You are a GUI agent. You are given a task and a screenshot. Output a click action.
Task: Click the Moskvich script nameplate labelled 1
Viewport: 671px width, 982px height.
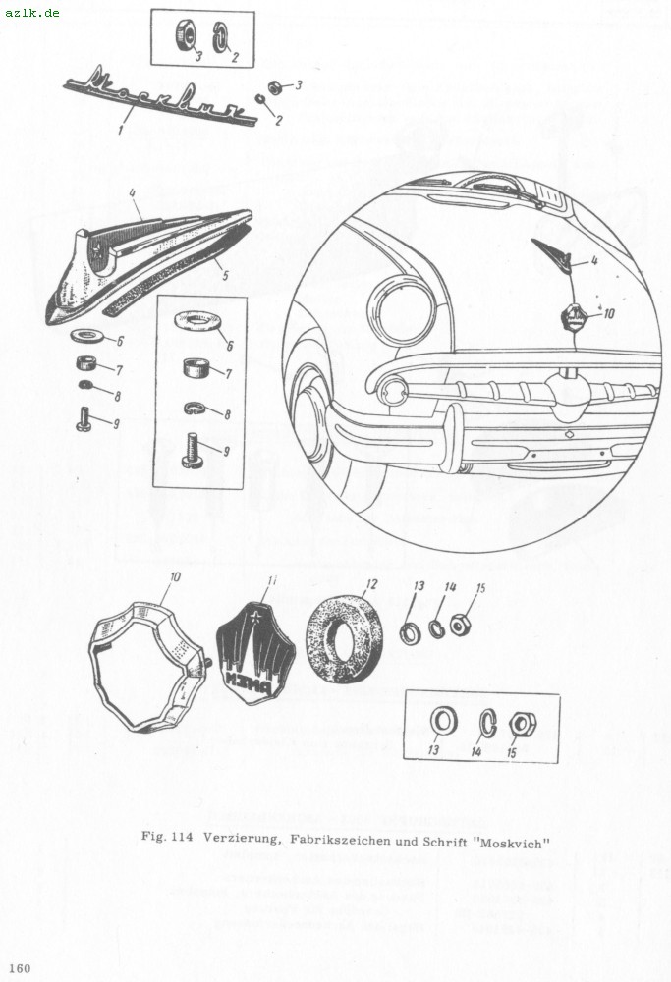pyautogui.click(x=160, y=96)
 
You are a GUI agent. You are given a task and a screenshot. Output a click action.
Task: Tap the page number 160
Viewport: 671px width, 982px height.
pyautogui.click(x=20, y=968)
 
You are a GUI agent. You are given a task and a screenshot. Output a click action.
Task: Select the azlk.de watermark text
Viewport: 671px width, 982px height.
pyautogui.click(x=31, y=12)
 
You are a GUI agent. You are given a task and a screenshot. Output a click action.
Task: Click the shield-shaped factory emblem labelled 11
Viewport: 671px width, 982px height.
pyautogui.click(x=255, y=652)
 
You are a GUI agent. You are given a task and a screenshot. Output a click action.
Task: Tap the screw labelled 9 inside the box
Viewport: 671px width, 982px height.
pyautogui.click(x=195, y=451)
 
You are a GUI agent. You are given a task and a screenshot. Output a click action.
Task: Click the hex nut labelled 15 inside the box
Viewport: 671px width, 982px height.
pyautogui.click(x=522, y=725)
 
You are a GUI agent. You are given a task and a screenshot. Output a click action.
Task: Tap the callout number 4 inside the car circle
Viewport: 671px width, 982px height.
pyautogui.click(x=592, y=260)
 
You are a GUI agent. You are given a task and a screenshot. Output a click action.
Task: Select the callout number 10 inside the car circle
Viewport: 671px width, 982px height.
pyautogui.click(x=610, y=313)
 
